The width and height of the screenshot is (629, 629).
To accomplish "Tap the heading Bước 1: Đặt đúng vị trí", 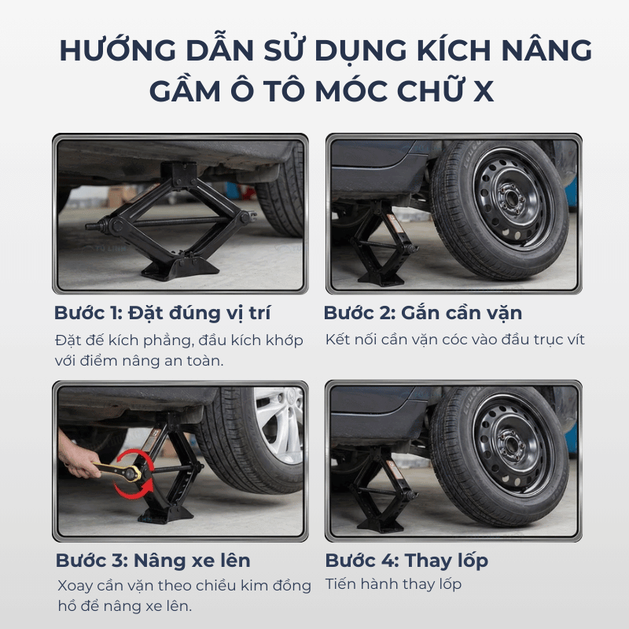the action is [x=163, y=313].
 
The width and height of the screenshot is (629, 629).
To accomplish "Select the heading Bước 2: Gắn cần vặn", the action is [x=423, y=313].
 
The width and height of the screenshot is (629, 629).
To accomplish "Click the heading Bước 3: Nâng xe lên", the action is [x=153, y=561].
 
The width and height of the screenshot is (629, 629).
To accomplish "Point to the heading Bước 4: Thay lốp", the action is [x=406, y=561].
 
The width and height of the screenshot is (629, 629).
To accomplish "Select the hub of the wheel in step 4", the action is [x=510, y=444].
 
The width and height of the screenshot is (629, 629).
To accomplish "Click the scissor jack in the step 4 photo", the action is [x=382, y=491].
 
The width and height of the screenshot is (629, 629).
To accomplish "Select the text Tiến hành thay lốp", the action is [x=393, y=584].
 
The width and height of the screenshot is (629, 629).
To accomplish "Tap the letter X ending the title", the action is [x=483, y=91].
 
